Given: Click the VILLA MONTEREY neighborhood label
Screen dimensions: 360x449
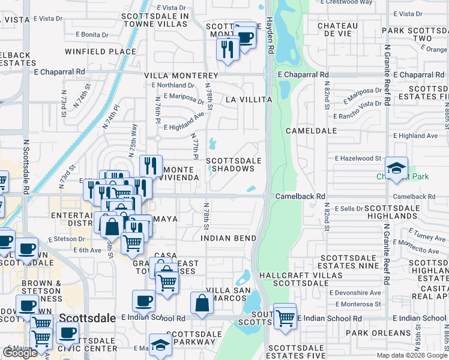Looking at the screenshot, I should point(181,76).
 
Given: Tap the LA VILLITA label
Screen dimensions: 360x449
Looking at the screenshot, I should point(249,99).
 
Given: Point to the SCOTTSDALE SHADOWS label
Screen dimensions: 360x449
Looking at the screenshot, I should point(234,164).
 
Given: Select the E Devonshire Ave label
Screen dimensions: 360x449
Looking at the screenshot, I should point(355,292).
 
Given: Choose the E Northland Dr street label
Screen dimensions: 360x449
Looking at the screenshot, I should point(170,85).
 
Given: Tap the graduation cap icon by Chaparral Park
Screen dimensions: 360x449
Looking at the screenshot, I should point(396,169).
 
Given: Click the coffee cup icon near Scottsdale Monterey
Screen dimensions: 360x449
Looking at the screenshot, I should point(245,36).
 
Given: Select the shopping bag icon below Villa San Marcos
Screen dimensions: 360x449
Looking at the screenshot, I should point(202,304).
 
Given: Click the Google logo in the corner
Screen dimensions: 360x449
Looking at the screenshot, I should point(20,353).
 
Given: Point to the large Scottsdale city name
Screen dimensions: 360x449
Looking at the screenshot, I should point(88,317).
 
